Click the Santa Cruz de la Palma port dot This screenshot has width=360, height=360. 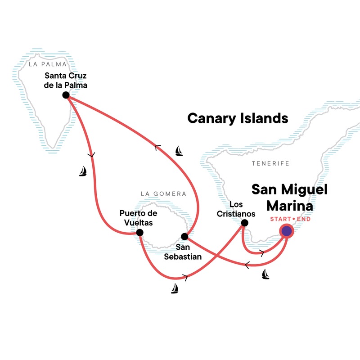click(66, 95)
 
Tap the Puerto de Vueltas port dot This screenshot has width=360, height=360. click(139, 233)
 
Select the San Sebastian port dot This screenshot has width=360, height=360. click(184, 236)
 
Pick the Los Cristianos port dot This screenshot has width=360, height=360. click(244, 223)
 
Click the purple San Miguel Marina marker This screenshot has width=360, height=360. click(286, 231)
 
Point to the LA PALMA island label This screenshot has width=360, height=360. click(44, 64)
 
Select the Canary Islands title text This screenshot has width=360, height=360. click(238, 118)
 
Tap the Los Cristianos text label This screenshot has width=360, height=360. click(243, 209)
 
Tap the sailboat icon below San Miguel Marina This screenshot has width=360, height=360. click(265, 274)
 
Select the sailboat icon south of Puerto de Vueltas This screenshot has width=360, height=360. click(175, 288)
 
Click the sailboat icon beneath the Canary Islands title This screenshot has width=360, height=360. click(179, 150)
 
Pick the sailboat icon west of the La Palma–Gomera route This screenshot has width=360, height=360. click(83, 171)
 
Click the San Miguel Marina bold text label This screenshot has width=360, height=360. click(289, 197)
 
